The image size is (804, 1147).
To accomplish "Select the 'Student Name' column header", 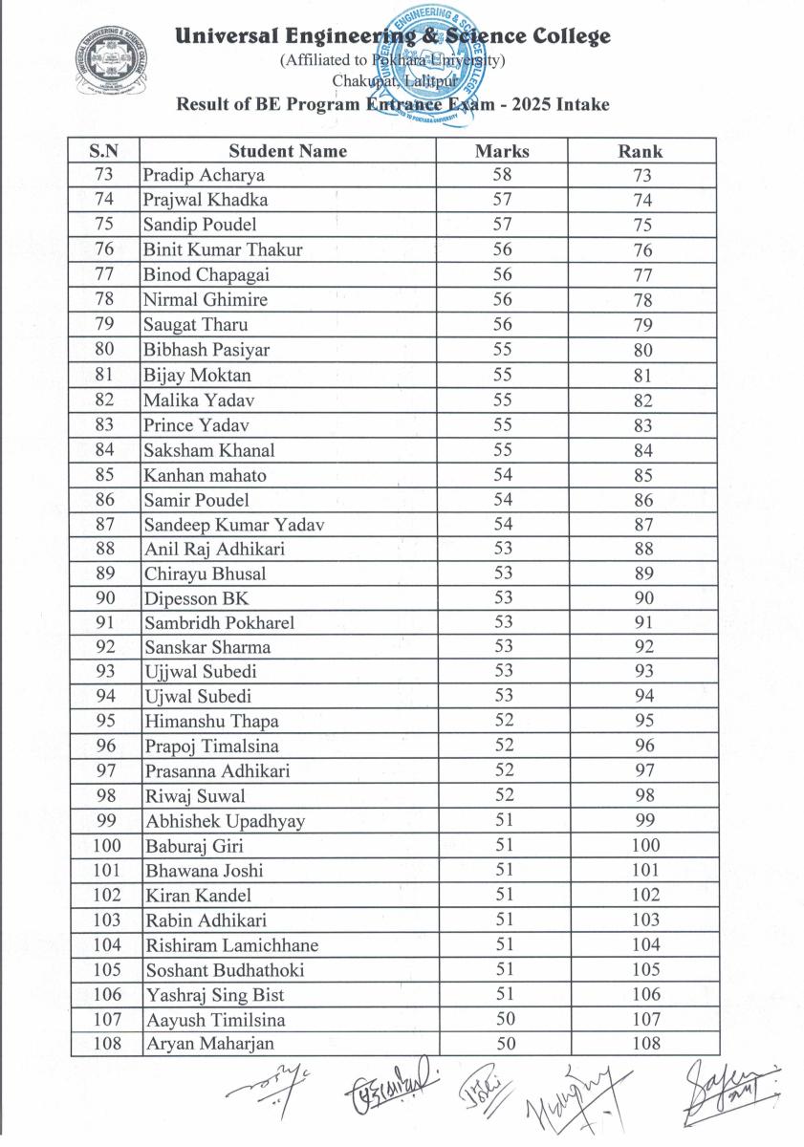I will [288, 151].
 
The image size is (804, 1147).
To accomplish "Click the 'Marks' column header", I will [502, 151].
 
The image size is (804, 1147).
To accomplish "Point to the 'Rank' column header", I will [641, 151].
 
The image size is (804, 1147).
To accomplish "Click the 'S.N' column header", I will [104, 151].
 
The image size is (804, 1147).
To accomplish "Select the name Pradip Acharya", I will [204, 176].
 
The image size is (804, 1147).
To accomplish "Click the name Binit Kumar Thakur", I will [223, 250].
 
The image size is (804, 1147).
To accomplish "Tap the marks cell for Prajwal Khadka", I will [502, 200].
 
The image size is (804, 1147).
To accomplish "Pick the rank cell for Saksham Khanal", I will [642, 450].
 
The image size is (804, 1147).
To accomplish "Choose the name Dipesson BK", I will [196, 599].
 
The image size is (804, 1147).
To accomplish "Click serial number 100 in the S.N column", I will [106, 846].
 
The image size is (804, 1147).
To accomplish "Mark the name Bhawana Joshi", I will [205, 871].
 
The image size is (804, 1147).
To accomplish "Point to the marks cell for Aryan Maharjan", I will [502, 1045].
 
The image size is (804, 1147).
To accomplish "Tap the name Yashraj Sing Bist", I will [215, 995].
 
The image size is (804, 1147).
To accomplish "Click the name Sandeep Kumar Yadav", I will [234, 525].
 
